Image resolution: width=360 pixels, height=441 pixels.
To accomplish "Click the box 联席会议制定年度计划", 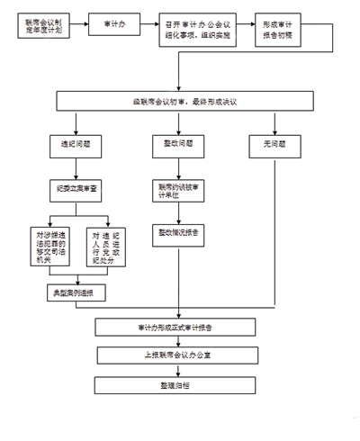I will (44, 27).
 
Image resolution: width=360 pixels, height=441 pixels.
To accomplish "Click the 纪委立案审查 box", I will (76, 187).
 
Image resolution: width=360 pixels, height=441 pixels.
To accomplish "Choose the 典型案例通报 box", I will (76, 293).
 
